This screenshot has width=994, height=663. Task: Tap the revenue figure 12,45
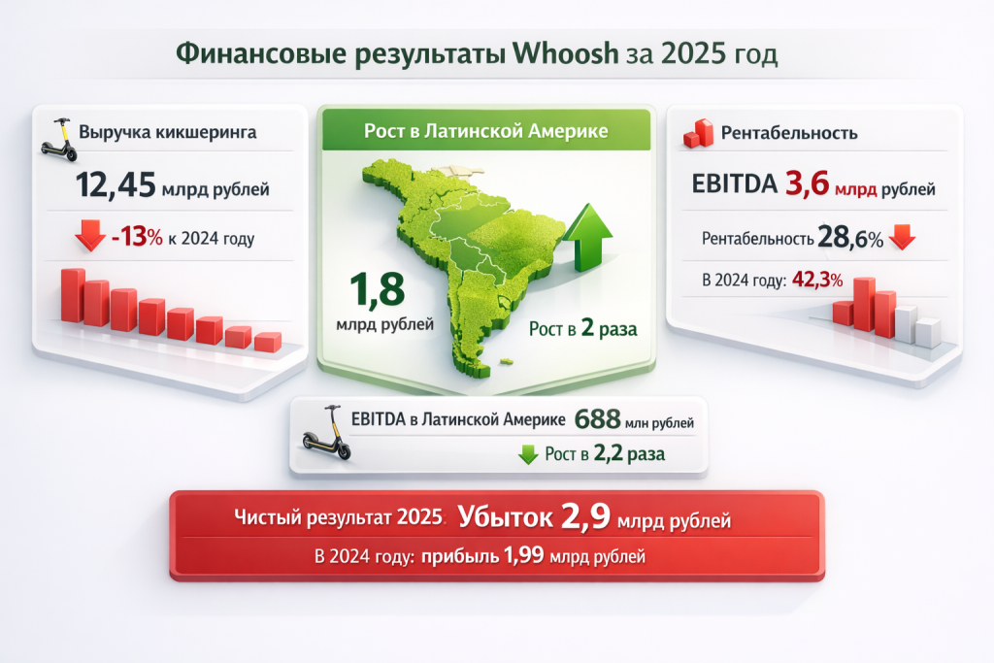coord(116,185)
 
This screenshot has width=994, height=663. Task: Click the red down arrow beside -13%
coord(90,235)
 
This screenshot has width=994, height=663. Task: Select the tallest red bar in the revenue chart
coord(73,295)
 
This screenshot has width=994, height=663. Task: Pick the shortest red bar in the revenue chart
coord(268,342)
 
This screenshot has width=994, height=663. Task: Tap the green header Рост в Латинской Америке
coord(485,131)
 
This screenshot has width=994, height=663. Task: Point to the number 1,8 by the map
coord(378,288)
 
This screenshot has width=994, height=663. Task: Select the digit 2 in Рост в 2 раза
coord(587,328)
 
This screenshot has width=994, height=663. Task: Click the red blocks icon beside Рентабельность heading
coord(698,133)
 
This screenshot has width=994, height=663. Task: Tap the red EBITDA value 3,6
coord(807,183)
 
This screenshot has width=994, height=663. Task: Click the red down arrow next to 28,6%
coord(902,237)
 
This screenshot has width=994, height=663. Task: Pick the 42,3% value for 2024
coord(817,280)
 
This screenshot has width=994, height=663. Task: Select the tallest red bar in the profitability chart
coord(864,304)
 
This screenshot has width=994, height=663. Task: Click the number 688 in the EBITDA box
coord(597,419)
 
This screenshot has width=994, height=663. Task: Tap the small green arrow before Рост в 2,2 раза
coord(528,454)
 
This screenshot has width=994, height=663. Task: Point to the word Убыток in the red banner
coord(505,517)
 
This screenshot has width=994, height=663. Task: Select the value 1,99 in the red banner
coord(523,555)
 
